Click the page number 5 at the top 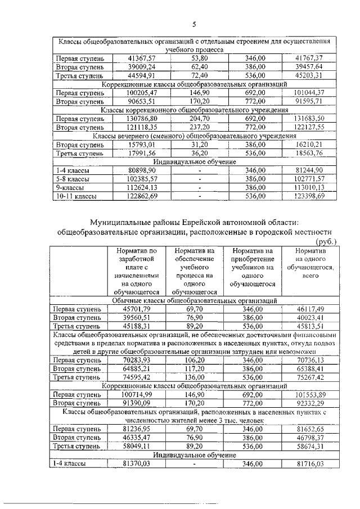click(194, 24)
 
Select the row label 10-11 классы click(75, 196)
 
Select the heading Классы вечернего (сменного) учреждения click(194, 136)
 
